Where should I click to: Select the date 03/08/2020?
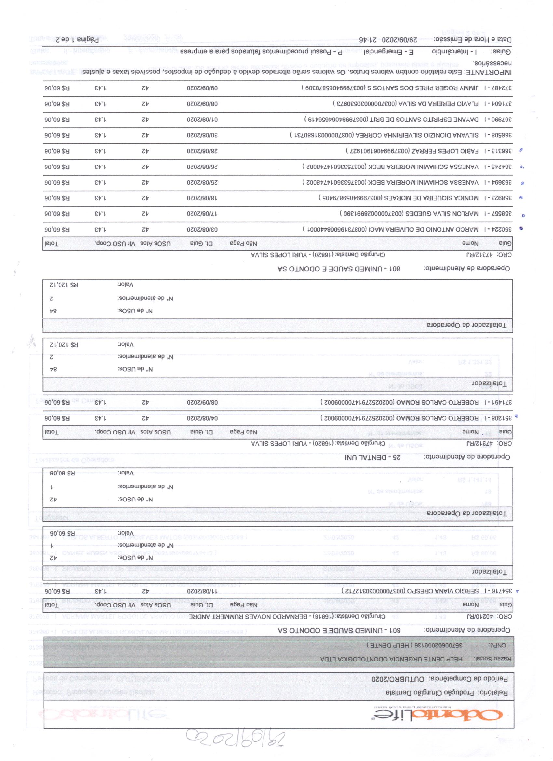[x=202, y=230]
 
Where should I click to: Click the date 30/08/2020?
[x=202, y=135]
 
